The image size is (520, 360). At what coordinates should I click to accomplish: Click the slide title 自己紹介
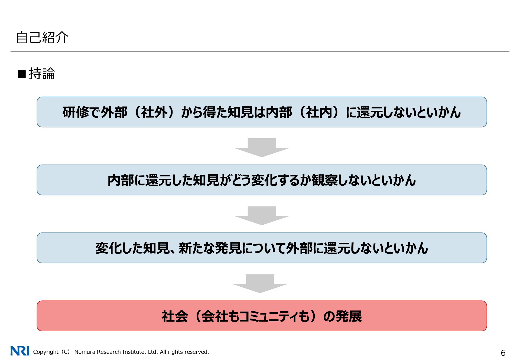tap(42, 37)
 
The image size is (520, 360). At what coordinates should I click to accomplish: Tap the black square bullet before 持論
tap(22, 74)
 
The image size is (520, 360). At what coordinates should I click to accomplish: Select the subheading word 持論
tap(42, 74)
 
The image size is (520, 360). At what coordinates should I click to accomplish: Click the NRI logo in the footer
tap(20, 351)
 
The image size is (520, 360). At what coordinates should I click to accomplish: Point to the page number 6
tap(503, 353)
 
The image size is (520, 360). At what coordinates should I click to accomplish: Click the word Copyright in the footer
tap(45, 352)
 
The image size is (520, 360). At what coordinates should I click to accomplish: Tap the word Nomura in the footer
tap(84, 352)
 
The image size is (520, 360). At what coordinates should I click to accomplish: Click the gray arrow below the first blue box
tap(262, 148)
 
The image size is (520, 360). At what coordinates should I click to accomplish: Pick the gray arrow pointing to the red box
tap(260, 283)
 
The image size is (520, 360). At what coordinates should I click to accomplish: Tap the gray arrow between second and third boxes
tap(262, 215)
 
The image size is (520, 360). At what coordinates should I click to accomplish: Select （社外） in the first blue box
tap(154, 112)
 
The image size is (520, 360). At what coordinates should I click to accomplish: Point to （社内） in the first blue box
tap(319, 112)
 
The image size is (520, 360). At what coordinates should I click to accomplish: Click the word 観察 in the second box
tap(325, 180)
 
